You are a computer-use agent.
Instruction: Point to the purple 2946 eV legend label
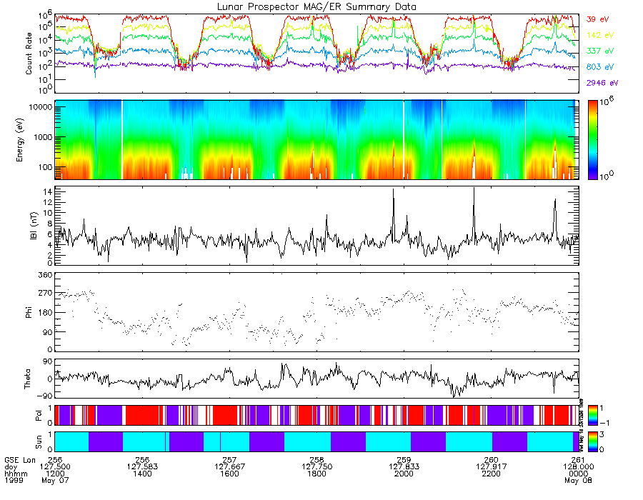tap(600, 84)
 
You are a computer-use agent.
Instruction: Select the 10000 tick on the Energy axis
tap(40, 106)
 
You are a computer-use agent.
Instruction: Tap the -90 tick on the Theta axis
tap(42, 396)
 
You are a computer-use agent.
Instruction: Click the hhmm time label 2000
tap(404, 473)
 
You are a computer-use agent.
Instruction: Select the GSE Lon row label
tap(19, 459)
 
